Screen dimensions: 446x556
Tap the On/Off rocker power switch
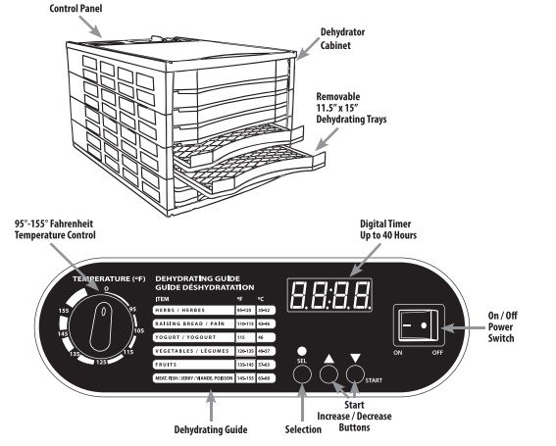[x=417, y=323]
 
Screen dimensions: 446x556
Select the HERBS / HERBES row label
[x=180, y=309]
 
